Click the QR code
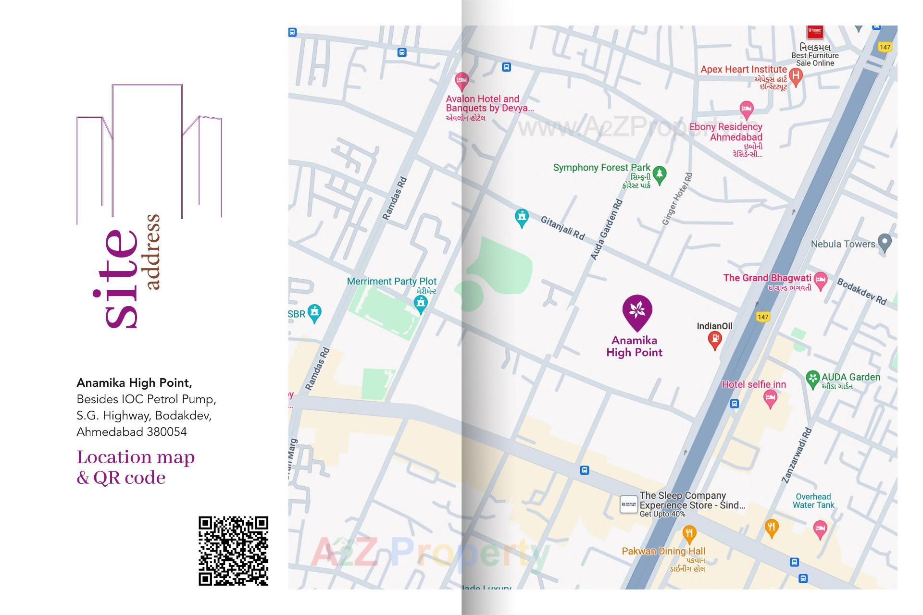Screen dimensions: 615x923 pos(233,551)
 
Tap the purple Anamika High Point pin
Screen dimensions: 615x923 pos(637,310)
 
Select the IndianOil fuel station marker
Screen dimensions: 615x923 pos(715,340)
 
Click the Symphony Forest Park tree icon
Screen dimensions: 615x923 pos(660,174)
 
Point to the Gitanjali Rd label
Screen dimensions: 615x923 pos(562,228)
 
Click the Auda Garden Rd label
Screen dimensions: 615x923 pos(607,230)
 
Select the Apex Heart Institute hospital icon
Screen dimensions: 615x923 pos(796,76)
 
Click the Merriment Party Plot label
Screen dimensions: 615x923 pos(391,281)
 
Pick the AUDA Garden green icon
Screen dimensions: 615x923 pos(812,379)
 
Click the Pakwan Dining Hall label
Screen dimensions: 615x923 pos(663,551)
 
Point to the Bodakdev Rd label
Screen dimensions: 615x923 pos(861,291)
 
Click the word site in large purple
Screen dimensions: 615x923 pos(115,279)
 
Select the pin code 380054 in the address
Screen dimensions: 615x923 pos(167,431)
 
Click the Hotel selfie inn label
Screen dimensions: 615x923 pos(753,384)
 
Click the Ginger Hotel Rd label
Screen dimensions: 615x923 pos(677,199)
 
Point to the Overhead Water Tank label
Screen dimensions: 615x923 pos(813,501)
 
